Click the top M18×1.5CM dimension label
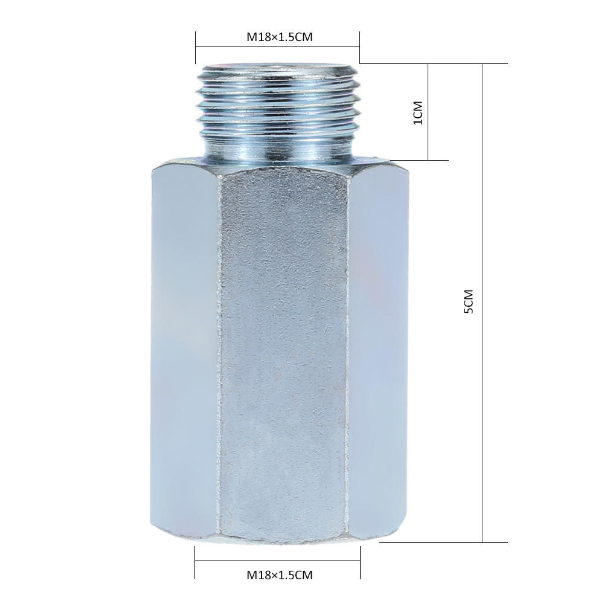(x=279, y=37)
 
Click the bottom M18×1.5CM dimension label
(x=279, y=575)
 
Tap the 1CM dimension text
(x=417, y=112)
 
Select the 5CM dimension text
(x=469, y=302)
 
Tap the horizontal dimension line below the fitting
(x=278, y=561)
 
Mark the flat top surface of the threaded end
(x=278, y=67)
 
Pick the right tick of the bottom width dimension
(x=360, y=562)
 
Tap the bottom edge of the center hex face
(x=283, y=537)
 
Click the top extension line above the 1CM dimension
(x=435, y=63)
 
